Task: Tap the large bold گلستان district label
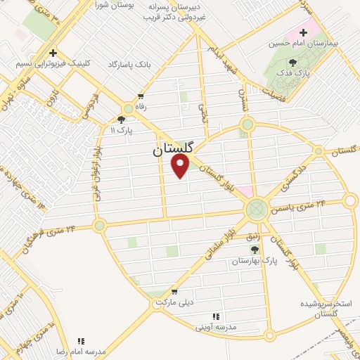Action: click(174, 149)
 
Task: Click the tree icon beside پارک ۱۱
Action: click(121, 119)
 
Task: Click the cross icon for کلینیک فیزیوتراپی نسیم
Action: click(53, 53)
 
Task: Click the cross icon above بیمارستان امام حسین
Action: click(304, 32)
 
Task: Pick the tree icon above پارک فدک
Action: click(302, 63)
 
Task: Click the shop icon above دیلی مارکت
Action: click(174, 292)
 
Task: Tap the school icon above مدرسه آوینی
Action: click(216, 317)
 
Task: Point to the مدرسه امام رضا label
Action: click(81, 350)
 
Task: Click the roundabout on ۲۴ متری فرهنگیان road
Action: click(99, 226)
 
